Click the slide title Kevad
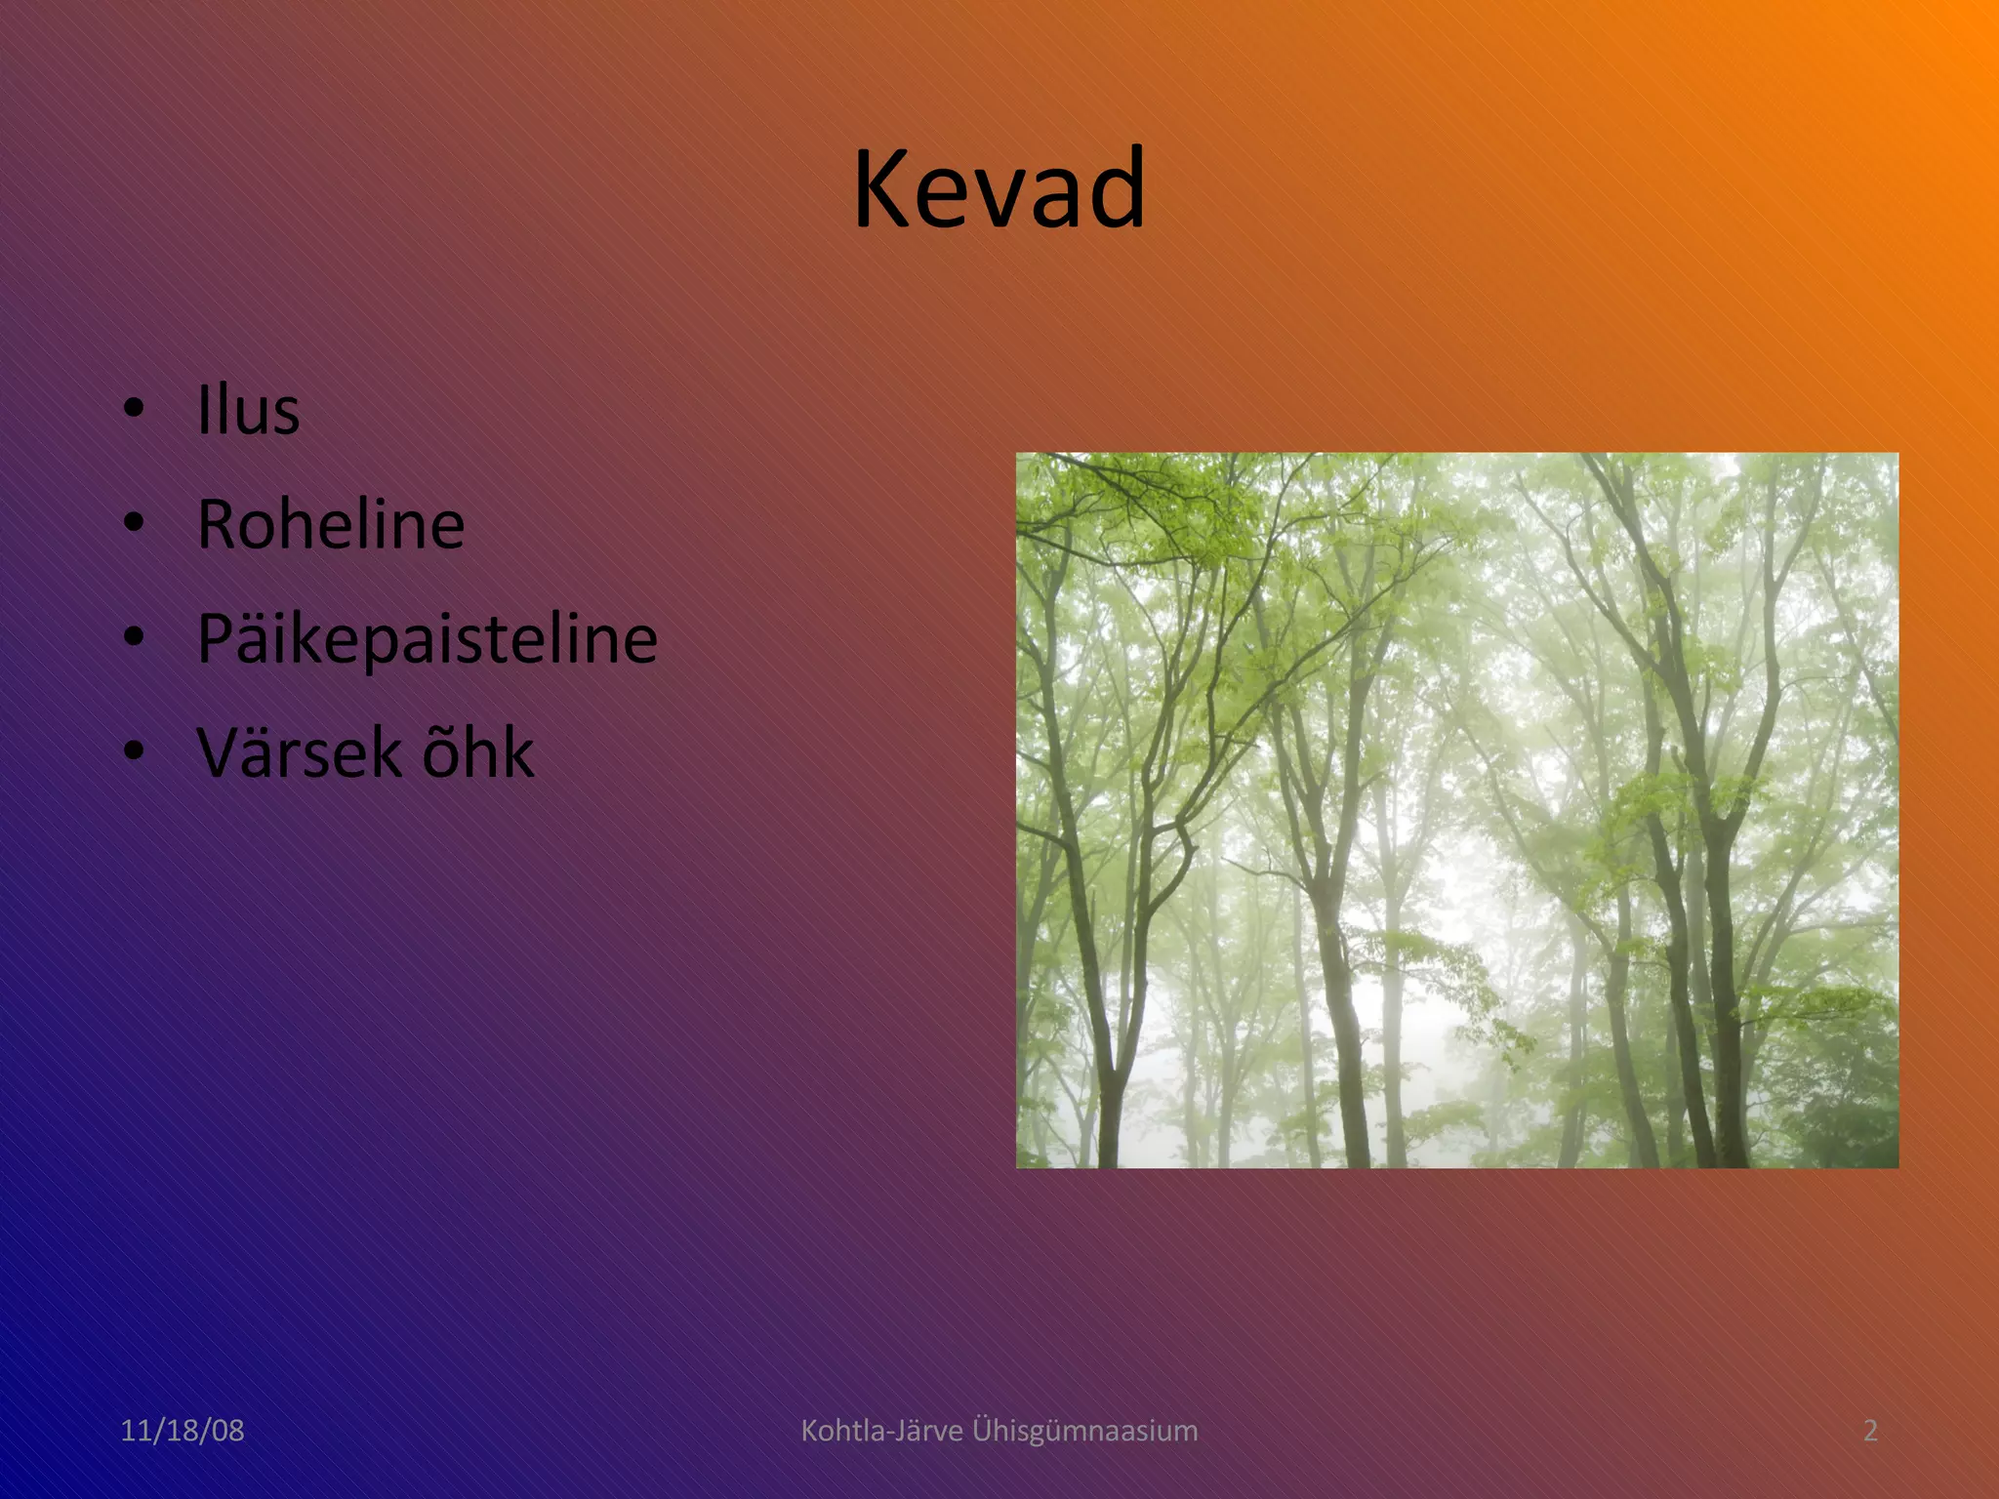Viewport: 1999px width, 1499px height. (x=999, y=188)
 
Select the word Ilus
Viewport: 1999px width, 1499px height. (x=248, y=410)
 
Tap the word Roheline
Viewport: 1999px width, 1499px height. (x=331, y=524)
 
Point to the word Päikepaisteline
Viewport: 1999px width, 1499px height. (x=428, y=639)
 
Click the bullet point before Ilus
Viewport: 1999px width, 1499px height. (x=134, y=409)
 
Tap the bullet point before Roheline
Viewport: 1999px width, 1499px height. (x=134, y=523)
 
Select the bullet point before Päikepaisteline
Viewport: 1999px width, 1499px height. (x=134, y=637)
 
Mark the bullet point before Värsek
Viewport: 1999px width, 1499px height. (x=134, y=751)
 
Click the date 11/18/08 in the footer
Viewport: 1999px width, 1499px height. (x=183, y=1431)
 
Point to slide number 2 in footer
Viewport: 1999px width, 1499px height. (x=1870, y=1431)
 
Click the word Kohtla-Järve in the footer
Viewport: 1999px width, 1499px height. (x=880, y=1431)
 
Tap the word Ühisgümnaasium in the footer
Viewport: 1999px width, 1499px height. (x=1084, y=1431)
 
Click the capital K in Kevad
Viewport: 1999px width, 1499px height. (x=881, y=189)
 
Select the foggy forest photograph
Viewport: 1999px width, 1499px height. (x=1456, y=810)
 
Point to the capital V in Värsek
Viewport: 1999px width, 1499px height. (x=221, y=753)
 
